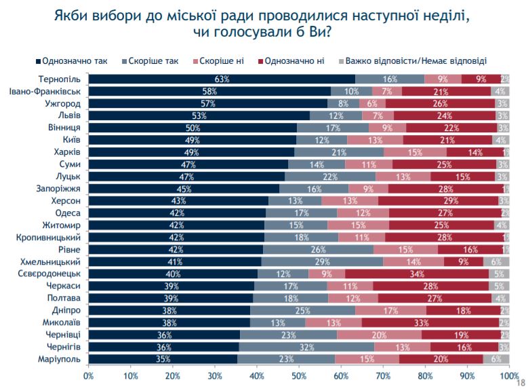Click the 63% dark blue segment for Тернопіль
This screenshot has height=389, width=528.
coord(221,79)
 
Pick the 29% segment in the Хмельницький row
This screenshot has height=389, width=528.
coord(322,262)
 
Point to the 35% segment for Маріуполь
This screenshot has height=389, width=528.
coord(163,359)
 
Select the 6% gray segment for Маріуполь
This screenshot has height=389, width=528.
coord(496,359)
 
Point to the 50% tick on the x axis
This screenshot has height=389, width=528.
coord(299,375)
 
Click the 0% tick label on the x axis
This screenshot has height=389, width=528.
coord(88,375)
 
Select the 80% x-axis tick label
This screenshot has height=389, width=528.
coord(425,375)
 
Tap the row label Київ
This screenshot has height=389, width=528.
coord(71,140)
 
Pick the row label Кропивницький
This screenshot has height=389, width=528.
coord(52,238)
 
